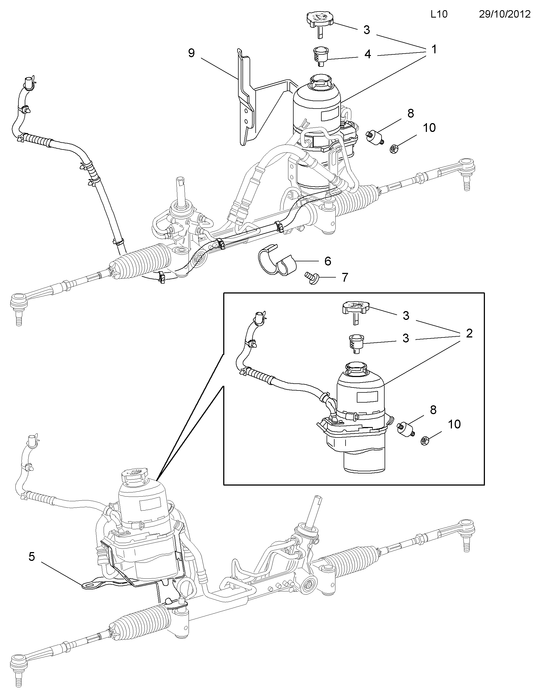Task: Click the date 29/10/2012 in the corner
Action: pos(504,14)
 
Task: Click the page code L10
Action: pos(439,14)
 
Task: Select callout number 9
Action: pos(191,53)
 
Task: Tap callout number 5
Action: pos(31,556)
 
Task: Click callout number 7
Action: pos(345,277)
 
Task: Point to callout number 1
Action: pos(434,49)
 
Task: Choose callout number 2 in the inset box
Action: pos(469,334)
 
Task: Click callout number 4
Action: pos(368,54)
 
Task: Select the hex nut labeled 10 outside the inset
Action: pos(394,149)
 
